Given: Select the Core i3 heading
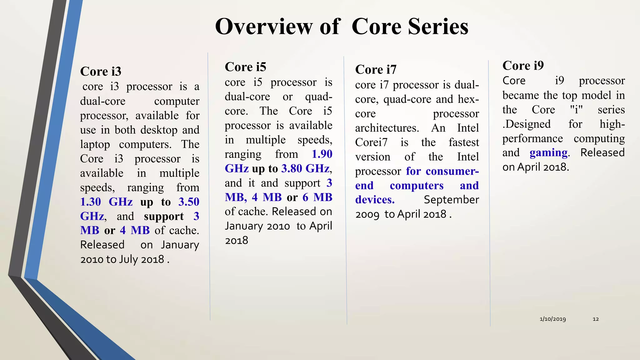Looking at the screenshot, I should [x=101, y=72].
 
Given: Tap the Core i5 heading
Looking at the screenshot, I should [x=245, y=67].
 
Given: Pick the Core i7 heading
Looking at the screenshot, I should [x=376, y=69].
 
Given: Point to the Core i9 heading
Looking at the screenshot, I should [x=523, y=66].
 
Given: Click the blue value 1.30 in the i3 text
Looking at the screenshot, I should [x=91, y=202].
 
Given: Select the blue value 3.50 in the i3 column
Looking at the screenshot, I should [x=189, y=202].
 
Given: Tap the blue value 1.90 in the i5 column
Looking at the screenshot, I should [x=322, y=154].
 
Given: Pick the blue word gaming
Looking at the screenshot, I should [x=548, y=153].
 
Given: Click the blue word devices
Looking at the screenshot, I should [x=375, y=200].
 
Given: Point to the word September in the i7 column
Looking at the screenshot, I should [x=451, y=200].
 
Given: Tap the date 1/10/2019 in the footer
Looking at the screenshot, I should [x=552, y=319].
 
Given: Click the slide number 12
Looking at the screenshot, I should [x=596, y=319].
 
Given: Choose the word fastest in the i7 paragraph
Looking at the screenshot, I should [x=464, y=142].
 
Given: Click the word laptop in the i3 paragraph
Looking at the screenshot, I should [x=95, y=144].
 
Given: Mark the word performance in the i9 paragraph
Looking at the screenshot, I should [x=532, y=138].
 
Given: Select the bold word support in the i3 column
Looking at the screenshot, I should [x=164, y=217].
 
